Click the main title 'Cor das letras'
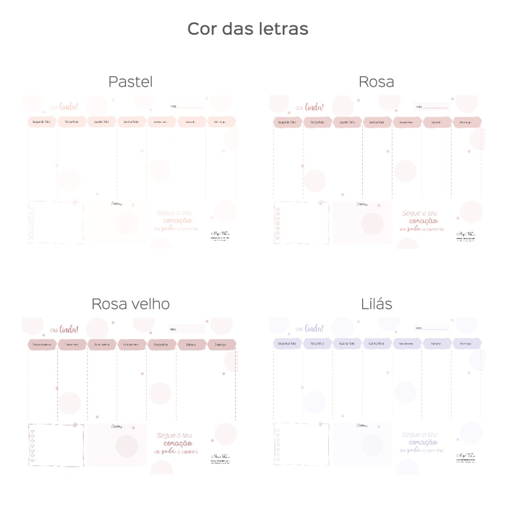pyautogui.click(x=248, y=29)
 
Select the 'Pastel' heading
pyautogui.click(x=130, y=82)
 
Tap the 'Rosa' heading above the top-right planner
pyautogui.click(x=376, y=82)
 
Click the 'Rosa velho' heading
pyautogui.click(x=130, y=304)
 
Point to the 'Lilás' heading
pyautogui.click(x=377, y=304)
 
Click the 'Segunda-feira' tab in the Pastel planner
pyautogui.click(x=41, y=122)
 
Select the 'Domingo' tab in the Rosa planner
pyautogui.click(x=466, y=122)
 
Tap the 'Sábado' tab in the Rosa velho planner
pyautogui.click(x=191, y=345)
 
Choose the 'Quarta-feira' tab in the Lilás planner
pyautogui.click(x=347, y=344)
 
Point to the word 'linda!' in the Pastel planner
pyautogui.click(x=69, y=107)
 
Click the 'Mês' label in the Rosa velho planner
pyautogui.click(x=173, y=329)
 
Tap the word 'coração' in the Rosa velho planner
pyautogui.click(x=178, y=443)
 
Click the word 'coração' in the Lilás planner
pyautogui.click(x=423, y=442)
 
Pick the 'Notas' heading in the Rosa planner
pyautogui.click(x=362, y=204)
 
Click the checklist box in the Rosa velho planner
pyautogui.click(x=56, y=445)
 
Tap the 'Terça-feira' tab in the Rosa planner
pyautogui.click(x=317, y=122)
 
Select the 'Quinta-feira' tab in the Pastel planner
pyautogui.click(x=131, y=122)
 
